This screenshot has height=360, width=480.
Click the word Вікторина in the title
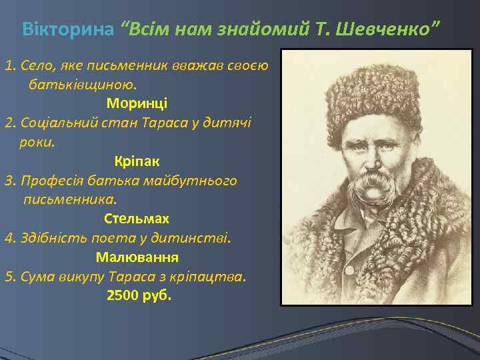(68, 29)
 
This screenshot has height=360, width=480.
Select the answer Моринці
(137, 103)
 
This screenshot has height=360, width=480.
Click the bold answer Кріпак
(137, 161)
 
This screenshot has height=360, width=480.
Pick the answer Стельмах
(137, 218)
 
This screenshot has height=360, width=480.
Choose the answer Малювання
(137, 257)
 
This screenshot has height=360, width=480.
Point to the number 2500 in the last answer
(123, 295)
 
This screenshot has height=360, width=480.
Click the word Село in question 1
(35, 65)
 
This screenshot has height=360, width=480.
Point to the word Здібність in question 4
(51, 237)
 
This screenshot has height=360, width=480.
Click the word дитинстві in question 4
(199, 237)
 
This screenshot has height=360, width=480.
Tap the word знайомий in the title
(260, 29)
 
